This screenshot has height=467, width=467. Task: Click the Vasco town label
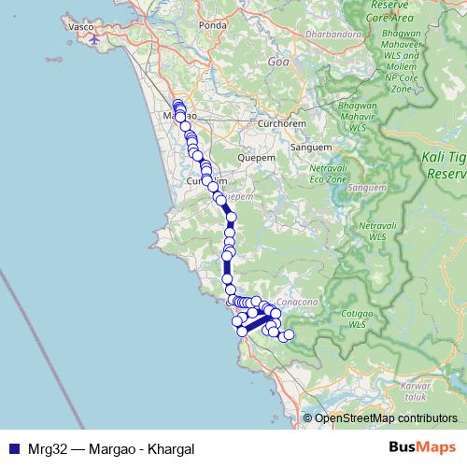pyautogui.click(x=82, y=27)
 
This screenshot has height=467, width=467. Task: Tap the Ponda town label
pyautogui.click(x=213, y=51)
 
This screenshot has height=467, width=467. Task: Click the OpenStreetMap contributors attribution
pyautogui.click(x=386, y=418)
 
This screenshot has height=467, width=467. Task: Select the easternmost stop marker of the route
pyautogui.click(x=289, y=334)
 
